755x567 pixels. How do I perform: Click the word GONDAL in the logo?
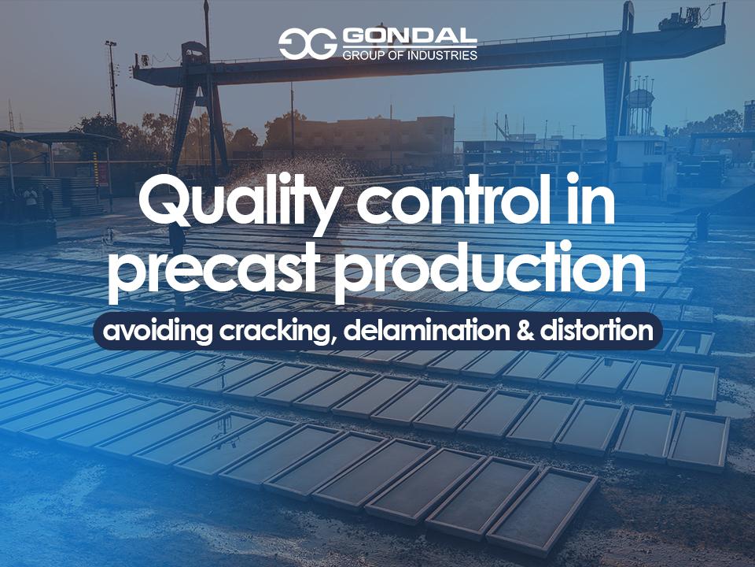pos(409,38)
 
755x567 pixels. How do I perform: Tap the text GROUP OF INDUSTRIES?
pos(409,56)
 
